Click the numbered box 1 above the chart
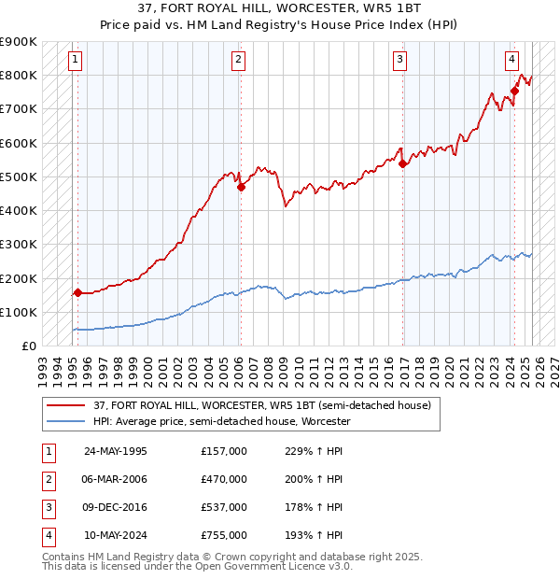click(74, 61)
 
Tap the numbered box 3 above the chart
click(399, 61)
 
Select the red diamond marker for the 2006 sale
click(241, 187)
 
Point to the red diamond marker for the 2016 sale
click(403, 163)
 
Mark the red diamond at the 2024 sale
click(514, 91)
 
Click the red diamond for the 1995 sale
click(77, 292)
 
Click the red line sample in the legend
click(65, 406)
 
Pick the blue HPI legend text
click(221, 421)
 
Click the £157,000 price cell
click(224, 451)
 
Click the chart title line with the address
click(280, 9)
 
